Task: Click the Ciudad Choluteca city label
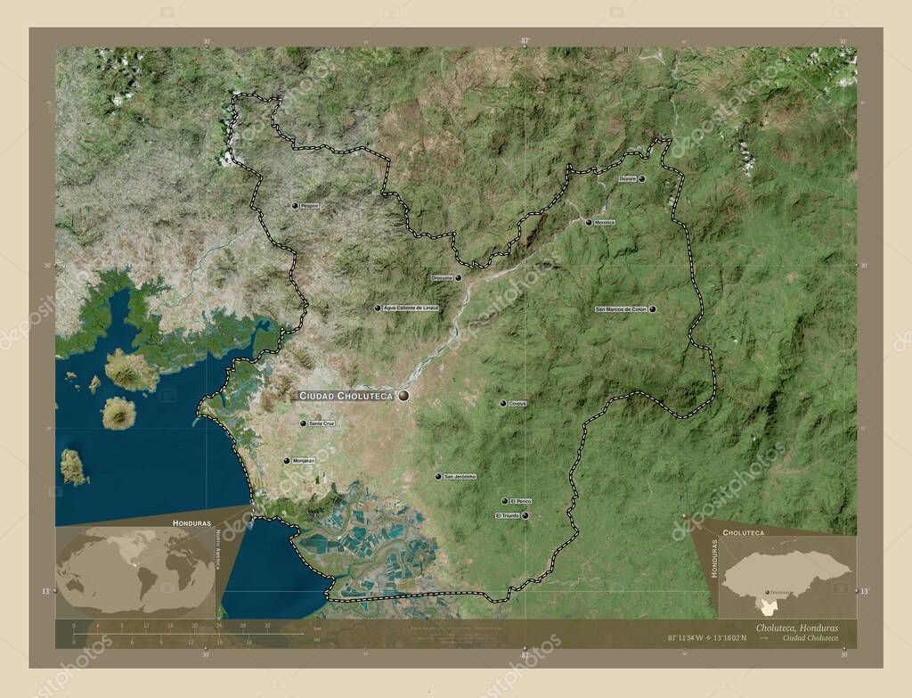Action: (x=346, y=395)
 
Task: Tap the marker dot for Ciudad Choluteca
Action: (x=403, y=395)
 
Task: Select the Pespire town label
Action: (x=309, y=206)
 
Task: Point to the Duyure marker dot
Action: (x=641, y=179)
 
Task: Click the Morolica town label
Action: (x=605, y=222)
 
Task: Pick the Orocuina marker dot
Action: (x=459, y=278)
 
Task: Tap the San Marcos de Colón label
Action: (x=620, y=309)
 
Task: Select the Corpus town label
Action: (x=517, y=404)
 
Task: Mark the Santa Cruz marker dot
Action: (x=303, y=423)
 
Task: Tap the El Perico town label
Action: (x=521, y=501)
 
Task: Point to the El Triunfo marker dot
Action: (x=525, y=515)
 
